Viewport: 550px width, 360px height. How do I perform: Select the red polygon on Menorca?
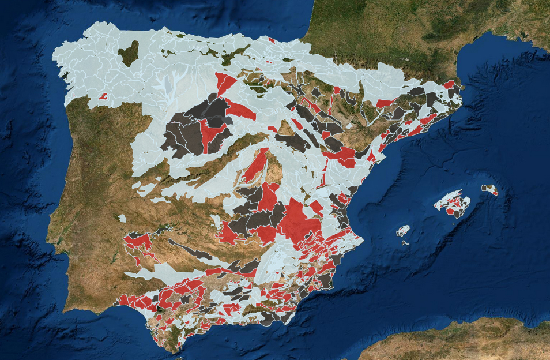[495, 192]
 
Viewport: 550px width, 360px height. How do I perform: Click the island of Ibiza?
[402, 231]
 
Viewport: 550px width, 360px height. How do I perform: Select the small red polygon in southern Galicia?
[103, 96]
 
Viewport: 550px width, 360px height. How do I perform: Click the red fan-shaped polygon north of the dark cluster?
[224, 83]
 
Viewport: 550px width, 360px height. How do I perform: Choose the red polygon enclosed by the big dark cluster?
[210, 132]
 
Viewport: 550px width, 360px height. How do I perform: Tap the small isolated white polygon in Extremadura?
[122, 218]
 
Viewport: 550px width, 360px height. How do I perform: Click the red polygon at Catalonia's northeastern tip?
[449, 84]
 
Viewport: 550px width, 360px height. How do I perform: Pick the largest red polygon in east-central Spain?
[299, 219]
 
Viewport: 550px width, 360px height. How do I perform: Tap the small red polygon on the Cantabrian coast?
[271, 39]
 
